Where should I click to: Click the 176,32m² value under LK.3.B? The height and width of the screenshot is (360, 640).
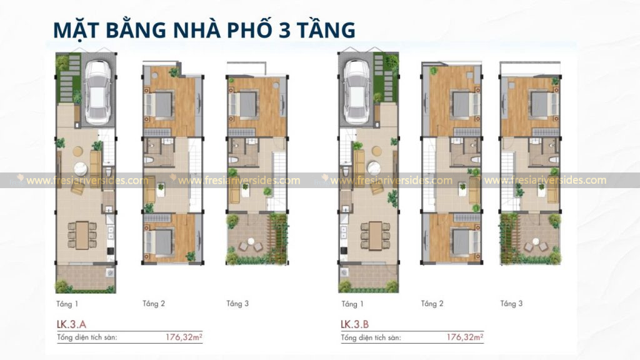click(x=464, y=337)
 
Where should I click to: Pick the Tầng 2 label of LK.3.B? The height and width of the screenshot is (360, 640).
click(x=432, y=304)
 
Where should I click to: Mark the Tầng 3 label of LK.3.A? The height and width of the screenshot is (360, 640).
click(x=237, y=304)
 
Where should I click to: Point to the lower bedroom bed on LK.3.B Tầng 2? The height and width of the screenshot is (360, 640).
click(x=460, y=240)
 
